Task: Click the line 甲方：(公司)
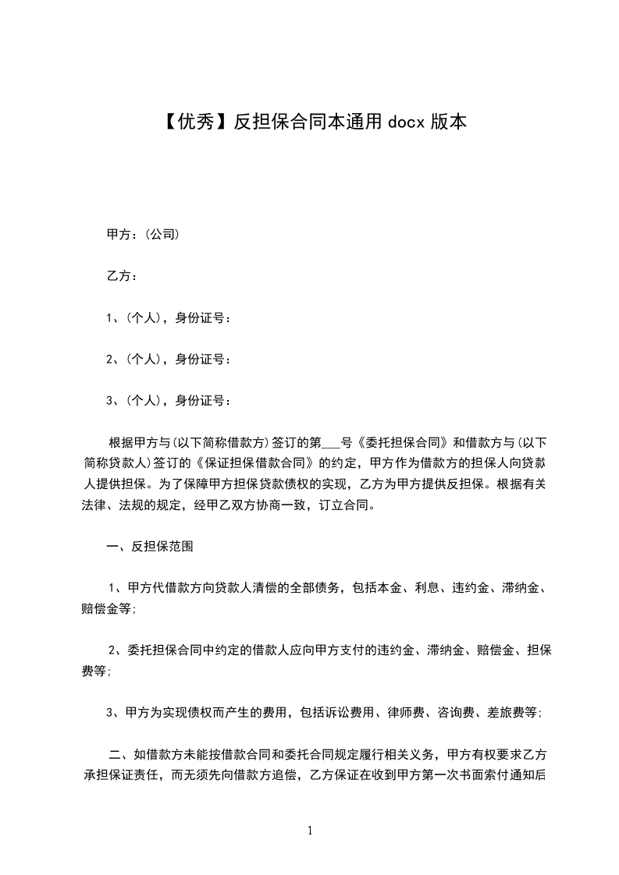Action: (x=144, y=232)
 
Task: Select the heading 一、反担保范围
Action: (x=150, y=547)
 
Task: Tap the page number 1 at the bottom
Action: (x=310, y=831)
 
